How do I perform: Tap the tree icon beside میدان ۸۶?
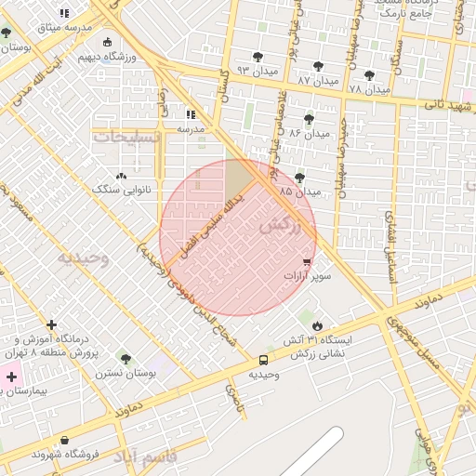tap(309, 118)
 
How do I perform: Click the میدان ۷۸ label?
tap(369, 90)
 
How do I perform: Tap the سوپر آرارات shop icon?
tap(307, 263)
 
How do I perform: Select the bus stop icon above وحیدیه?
tap(263, 360)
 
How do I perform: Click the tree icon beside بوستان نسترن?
tap(126, 360)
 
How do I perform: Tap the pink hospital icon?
tap(11, 377)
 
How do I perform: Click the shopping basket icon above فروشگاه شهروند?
tap(64, 440)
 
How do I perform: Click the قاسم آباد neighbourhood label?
tap(145, 457)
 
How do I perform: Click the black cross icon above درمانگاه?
tap(51, 325)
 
